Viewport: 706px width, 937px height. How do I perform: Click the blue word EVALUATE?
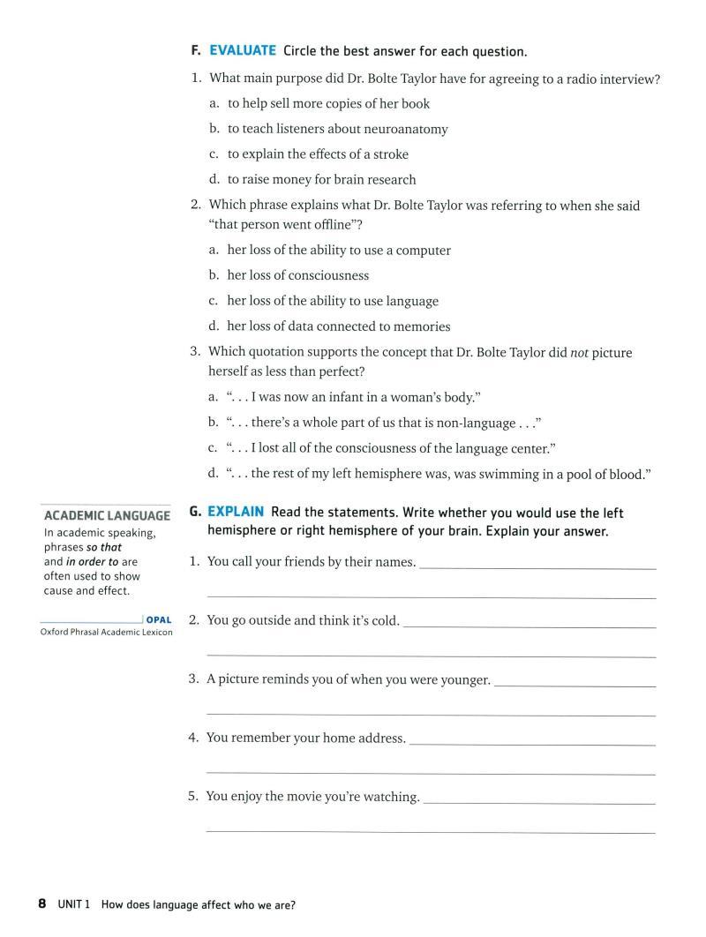[x=242, y=51]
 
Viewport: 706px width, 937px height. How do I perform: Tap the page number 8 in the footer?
[x=41, y=904]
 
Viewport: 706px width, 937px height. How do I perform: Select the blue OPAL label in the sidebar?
[x=159, y=620]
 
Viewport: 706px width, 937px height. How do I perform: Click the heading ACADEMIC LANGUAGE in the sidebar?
[x=107, y=516]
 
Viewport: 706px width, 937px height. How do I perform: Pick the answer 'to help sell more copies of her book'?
[x=328, y=104]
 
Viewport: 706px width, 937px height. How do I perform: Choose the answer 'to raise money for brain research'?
[x=321, y=180]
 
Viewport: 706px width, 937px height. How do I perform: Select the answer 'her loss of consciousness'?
[x=297, y=275]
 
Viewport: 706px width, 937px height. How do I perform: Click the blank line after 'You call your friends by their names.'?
[x=537, y=567]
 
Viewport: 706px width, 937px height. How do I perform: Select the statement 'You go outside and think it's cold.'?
[x=303, y=620]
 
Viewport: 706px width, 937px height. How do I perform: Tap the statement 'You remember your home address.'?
[x=305, y=738]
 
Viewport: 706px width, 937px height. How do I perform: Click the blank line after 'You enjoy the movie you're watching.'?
[x=539, y=802]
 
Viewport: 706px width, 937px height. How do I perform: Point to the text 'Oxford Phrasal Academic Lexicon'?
[x=107, y=633]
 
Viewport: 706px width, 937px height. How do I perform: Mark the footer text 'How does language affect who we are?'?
[x=199, y=905]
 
